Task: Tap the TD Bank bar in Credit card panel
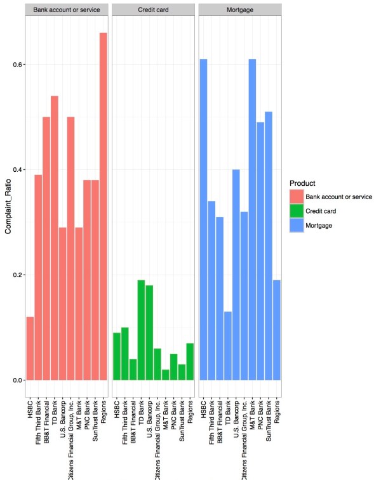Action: click(x=141, y=330)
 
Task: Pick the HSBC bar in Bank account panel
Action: click(x=30, y=348)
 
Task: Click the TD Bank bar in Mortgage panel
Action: click(x=228, y=346)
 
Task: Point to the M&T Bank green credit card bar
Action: click(x=165, y=374)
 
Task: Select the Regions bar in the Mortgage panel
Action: click(x=277, y=330)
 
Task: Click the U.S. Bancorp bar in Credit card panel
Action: click(x=149, y=332)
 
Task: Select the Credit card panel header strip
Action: click(x=152, y=10)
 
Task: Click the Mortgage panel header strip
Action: click(x=240, y=10)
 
